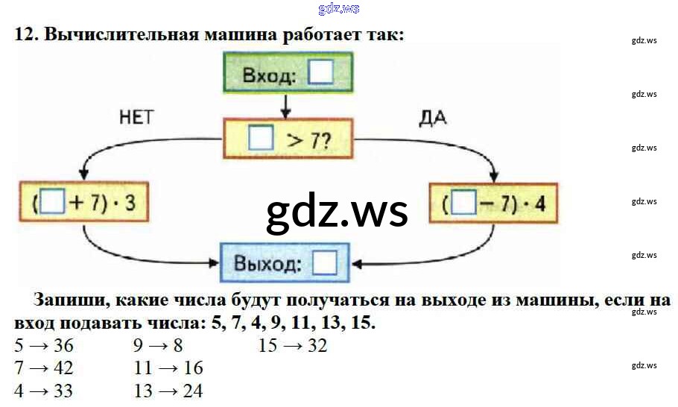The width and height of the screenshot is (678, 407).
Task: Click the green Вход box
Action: (288, 74)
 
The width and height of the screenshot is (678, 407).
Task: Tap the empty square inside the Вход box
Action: (322, 74)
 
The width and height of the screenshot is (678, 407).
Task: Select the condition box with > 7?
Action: (288, 138)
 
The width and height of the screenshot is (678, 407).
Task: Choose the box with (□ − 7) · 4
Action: (494, 203)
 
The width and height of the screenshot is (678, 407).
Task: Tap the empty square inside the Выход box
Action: (325, 263)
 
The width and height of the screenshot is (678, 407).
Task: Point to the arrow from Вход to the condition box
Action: (285, 105)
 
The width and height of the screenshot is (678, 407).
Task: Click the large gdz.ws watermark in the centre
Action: (338, 211)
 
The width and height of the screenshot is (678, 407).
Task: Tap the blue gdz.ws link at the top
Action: (338, 8)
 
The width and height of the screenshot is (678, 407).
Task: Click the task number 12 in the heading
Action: (25, 34)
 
